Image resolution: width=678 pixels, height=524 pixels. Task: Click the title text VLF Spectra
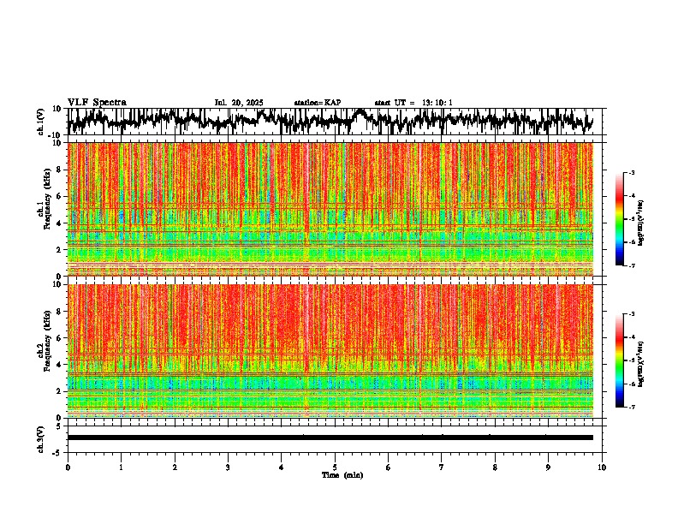pos(97,102)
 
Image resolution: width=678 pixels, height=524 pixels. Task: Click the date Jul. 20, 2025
pos(239,103)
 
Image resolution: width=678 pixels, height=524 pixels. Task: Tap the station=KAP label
pos(317,103)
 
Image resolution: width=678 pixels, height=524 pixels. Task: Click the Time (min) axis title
pos(342,474)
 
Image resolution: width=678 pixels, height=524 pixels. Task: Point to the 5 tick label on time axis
pos(335,467)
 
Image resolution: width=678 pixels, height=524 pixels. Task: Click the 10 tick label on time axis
pos(602,467)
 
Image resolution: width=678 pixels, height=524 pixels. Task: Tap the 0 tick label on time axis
pos(68,467)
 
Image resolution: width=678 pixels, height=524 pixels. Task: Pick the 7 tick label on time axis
pos(442,467)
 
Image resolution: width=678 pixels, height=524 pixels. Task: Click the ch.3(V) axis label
pos(41,438)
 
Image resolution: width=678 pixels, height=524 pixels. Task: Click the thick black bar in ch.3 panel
pos(330,438)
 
